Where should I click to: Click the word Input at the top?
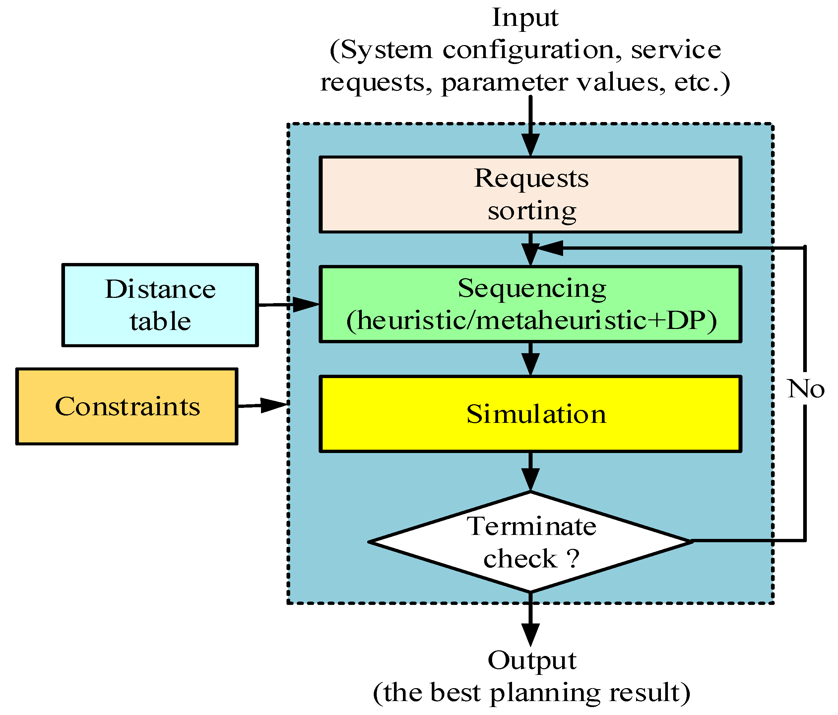525,18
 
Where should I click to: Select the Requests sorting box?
530,194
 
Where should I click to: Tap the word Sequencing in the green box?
532,289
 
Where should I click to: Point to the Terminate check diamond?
530,542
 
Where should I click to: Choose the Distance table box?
160,305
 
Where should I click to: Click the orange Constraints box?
127,406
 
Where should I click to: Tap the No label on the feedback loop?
805,389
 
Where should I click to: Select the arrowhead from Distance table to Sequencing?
305,304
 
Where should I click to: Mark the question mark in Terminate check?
573,559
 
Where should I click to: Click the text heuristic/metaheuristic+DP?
532,321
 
